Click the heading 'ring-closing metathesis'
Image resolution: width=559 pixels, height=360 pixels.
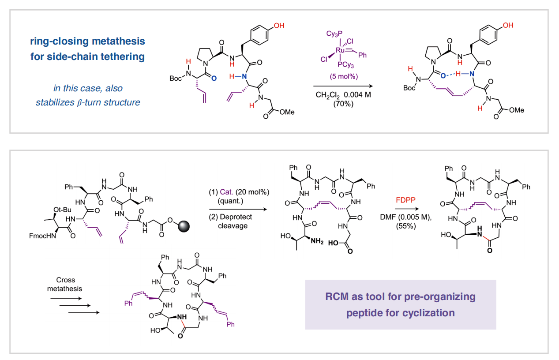click(87, 41)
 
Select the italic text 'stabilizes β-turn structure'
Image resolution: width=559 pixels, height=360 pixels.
click(88, 102)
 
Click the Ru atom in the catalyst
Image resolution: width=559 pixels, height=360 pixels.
click(340, 51)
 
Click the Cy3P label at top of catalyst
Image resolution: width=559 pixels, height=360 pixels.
click(334, 34)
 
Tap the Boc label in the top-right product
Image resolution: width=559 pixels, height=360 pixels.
click(409, 88)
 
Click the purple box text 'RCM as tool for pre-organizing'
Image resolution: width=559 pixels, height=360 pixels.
click(400, 296)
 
